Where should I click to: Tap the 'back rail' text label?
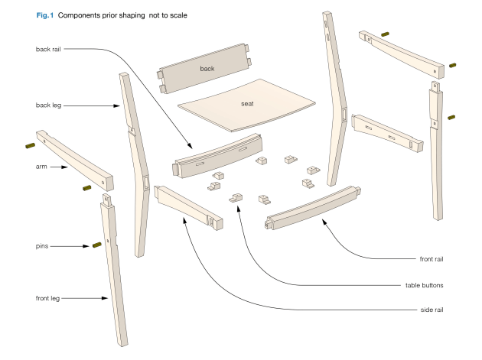click(x=51, y=50)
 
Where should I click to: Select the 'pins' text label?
click(x=43, y=245)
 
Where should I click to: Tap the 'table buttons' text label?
click(x=425, y=285)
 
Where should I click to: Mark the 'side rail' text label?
click(x=429, y=310)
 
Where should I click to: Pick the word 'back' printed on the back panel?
click(x=207, y=69)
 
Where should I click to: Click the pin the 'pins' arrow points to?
click(x=97, y=245)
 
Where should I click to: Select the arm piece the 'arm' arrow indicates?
click(x=75, y=161)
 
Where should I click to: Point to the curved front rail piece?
click(x=314, y=206)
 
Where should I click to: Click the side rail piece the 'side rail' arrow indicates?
click(x=187, y=206)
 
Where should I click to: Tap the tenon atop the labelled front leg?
click(x=106, y=200)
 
